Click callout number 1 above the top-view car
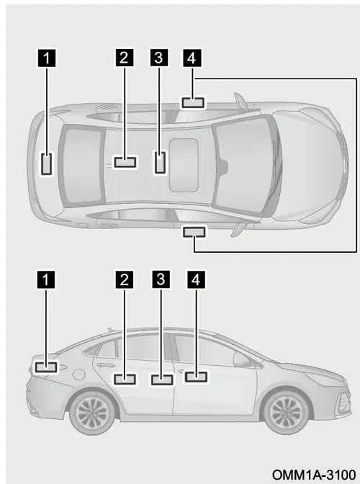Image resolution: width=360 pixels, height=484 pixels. coord(47,58)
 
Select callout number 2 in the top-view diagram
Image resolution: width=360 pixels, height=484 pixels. coord(125,58)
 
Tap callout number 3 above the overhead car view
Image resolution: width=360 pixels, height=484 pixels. coord(159,58)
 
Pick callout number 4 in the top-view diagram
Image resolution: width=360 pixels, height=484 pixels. coord(192,58)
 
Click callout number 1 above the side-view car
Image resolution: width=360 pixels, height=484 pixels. coord(46,280)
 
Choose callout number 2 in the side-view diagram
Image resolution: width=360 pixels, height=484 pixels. coord(125,279)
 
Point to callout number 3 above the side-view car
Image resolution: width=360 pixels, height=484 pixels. coord(161,279)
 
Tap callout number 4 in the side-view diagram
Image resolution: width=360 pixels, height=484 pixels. coord(196,280)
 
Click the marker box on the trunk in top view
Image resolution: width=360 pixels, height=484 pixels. coord(46,164)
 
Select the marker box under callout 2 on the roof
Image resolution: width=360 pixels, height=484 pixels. coord(125,162)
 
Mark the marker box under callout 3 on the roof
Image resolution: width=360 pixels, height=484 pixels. coord(160,162)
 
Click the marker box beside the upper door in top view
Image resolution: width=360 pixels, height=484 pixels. coord(193,103)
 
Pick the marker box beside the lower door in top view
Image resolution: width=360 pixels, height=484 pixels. coord(194,232)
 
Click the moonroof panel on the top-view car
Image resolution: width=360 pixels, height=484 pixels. coord(184,164)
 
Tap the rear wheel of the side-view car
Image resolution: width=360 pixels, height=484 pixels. coord(92,411)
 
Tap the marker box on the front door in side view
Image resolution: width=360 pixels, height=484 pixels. coord(196,377)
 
